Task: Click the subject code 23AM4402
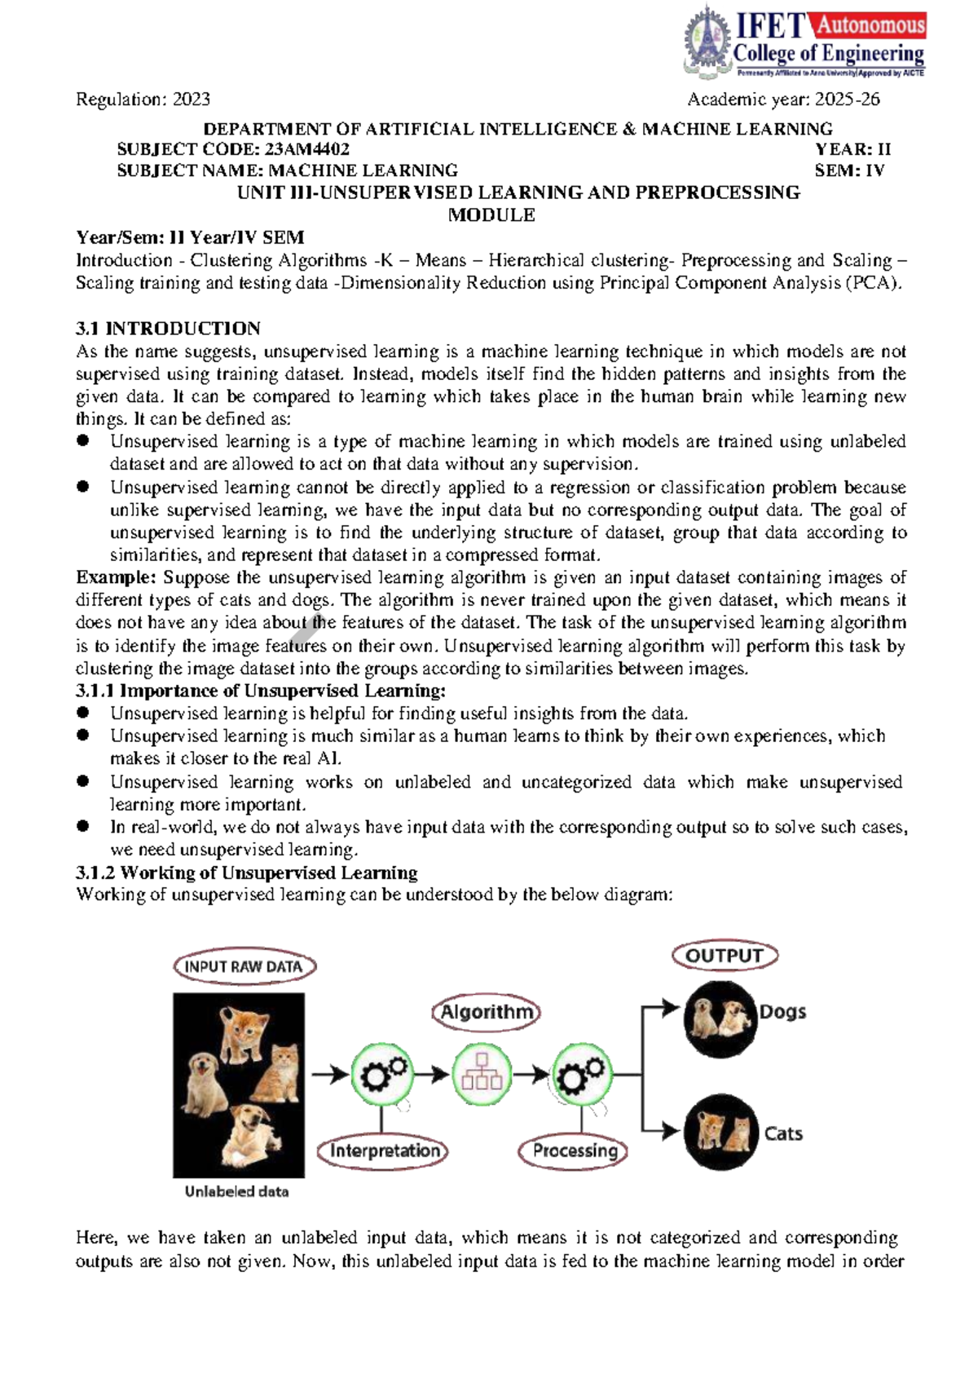pos(306,149)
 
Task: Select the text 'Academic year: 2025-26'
pos(783,99)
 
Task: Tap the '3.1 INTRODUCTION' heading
pos(168,329)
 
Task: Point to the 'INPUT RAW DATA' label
pos(244,967)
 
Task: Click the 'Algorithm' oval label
pos(486,1013)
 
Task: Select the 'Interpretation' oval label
pos(383,1151)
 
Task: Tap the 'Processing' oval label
pos(575,1151)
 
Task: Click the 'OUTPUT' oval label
pos(724,956)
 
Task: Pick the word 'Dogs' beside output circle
pos(782,1012)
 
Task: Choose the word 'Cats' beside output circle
pos(782,1133)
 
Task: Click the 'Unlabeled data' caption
pos(236,1191)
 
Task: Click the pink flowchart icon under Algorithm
pos(482,1074)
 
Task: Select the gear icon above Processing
pos(582,1075)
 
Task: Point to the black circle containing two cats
pos(720,1132)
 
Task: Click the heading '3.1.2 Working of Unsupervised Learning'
pos(246,873)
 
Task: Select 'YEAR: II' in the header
pos(852,149)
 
